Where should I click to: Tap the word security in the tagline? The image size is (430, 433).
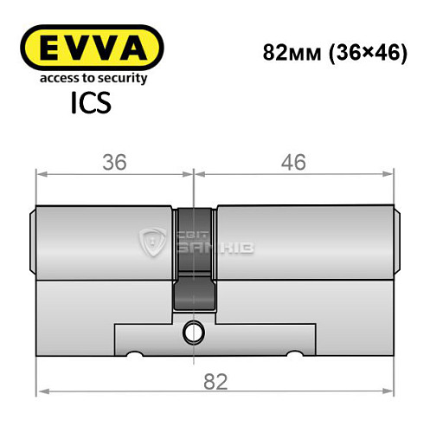click(x=120, y=79)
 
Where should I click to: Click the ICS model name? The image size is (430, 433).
click(x=91, y=107)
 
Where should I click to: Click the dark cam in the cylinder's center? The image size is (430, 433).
click(x=195, y=260)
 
